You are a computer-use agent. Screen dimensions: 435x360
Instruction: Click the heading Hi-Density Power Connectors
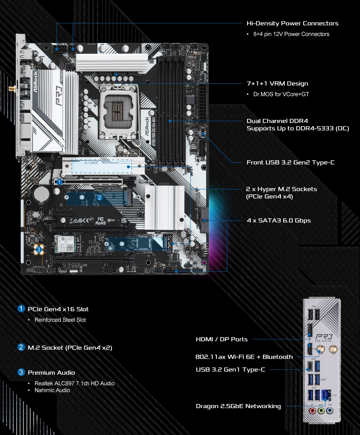[x=292, y=23]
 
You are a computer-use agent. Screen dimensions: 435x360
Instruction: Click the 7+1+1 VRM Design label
[x=277, y=83]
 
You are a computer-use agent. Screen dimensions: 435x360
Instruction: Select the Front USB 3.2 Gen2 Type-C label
[x=291, y=163]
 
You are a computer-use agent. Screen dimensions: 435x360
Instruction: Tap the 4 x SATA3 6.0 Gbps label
[x=279, y=220]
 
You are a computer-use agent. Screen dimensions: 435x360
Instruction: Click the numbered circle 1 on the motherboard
[x=59, y=182]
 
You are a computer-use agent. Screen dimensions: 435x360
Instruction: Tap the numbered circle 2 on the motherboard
[x=100, y=198]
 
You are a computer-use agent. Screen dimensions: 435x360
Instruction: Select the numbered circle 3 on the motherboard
[x=39, y=249]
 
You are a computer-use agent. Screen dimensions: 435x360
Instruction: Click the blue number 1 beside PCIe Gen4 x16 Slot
[x=21, y=309]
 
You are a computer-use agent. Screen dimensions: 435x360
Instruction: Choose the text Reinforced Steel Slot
[x=60, y=320]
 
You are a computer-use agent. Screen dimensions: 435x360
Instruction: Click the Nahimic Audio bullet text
[x=52, y=390]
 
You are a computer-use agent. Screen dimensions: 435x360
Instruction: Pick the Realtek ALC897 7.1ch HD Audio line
[x=74, y=383]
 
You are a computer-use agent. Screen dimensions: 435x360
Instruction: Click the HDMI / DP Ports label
[x=221, y=339]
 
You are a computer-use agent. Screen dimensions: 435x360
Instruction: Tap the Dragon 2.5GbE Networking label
[x=238, y=406]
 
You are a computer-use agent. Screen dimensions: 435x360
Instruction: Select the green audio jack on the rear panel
[x=321, y=410]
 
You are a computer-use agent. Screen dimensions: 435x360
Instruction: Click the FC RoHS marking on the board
[x=100, y=221]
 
